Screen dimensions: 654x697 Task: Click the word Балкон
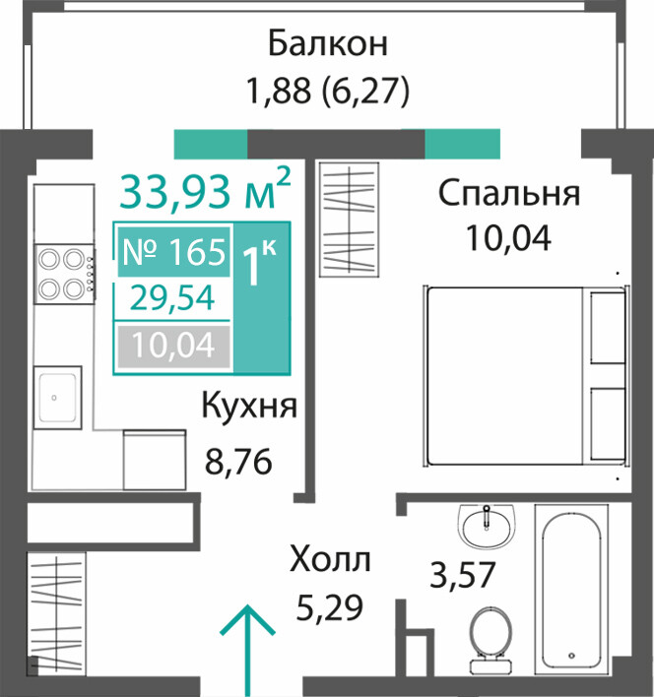coord(328,43)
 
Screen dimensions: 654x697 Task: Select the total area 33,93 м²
coord(205,191)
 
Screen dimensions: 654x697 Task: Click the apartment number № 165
coord(173,252)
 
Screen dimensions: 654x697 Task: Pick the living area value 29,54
coord(172,298)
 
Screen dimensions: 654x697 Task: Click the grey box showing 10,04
coord(173,347)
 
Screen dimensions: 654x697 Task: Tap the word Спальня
coord(509,193)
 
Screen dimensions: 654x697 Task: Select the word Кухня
coord(249,406)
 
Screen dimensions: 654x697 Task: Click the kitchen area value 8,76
coord(238,462)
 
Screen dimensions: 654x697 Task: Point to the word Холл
coord(330,559)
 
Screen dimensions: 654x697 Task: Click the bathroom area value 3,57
coord(462,575)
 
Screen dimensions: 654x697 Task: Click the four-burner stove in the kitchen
coord(64,275)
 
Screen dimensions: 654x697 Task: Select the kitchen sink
coord(58,398)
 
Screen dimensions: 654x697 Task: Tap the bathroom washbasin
coord(488,526)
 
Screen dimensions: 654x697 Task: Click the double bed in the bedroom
coord(526,376)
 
